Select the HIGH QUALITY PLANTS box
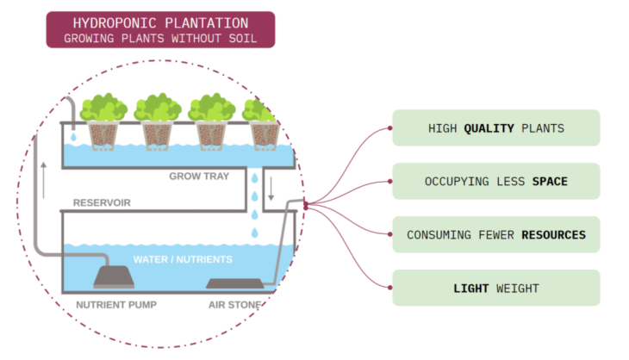click(495, 128)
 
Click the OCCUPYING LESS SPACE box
click(495, 182)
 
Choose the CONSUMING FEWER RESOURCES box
click(495, 234)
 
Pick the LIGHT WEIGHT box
click(495, 288)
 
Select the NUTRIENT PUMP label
click(116, 304)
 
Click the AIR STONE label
click(234, 304)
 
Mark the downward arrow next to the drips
click(270, 189)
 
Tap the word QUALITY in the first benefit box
click(488, 128)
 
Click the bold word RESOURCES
click(553, 234)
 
